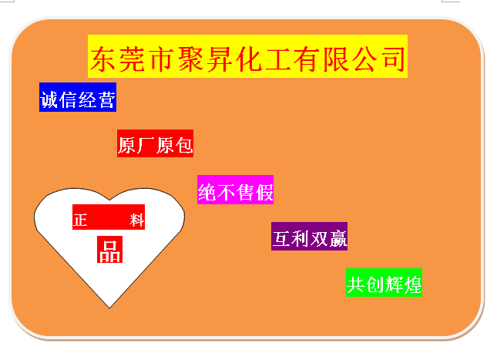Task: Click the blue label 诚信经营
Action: pyautogui.click(x=78, y=97)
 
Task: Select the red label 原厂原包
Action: pyautogui.click(x=155, y=143)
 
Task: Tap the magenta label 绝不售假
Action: pyautogui.click(x=235, y=190)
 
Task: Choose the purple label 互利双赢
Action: pyautogui.click(x=309, y=237)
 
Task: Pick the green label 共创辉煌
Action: pyautogui.click(x=384, y=282)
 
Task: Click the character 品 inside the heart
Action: pyautogui.click(x=109, y=251)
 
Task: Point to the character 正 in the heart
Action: pyautogui.click(x=80, y=220)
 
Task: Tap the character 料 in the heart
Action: pyautogui.click(x=137, y=220)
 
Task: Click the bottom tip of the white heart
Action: pyautogui.click(x=109, y=308)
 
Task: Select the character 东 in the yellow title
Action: pyautogui.click(x=102, y=59)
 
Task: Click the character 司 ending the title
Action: pyautogui.click(x=393, y=59)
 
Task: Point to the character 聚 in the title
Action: pyautogui.click(x=190, y=59)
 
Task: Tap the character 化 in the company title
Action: pyautogui.click(x=249, y=59)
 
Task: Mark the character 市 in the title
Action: pyautogui.click(x=161, y=59)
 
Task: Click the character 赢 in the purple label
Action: pyautogui.click(x=338, y=238)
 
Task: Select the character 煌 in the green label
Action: pyautogui.click(x=412, y=284)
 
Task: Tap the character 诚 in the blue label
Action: pyautogui.click(x=49, y=99)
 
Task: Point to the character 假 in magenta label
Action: pyautogui.click(x=264, y=192)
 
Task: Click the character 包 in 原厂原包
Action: pyautogui.click(x=184, y=145)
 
